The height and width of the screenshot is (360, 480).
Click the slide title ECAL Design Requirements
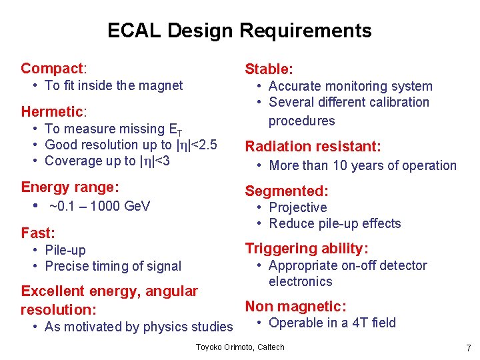point(239,31)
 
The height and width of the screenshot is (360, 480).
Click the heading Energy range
point(70,187)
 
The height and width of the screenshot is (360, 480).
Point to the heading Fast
point(38,233)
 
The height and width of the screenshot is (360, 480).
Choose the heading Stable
point(269,69)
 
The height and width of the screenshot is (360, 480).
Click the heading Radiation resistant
point(313,147)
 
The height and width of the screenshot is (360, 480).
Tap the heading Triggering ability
point(307,249)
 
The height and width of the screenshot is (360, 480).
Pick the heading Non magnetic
point(295,307)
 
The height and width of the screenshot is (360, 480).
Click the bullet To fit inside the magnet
point(113,85)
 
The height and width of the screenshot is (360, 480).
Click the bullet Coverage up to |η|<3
point(107,161)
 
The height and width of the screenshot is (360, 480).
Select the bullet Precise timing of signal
point(113,266)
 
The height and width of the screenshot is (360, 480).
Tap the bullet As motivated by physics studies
point(139,327)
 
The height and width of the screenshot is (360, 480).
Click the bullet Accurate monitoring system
point(350,86)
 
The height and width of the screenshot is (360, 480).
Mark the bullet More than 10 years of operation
point(362,166)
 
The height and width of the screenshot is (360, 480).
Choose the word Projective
point(297,207)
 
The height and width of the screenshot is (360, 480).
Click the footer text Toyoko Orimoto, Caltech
point(240,347)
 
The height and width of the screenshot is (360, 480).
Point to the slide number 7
point(469,348)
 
